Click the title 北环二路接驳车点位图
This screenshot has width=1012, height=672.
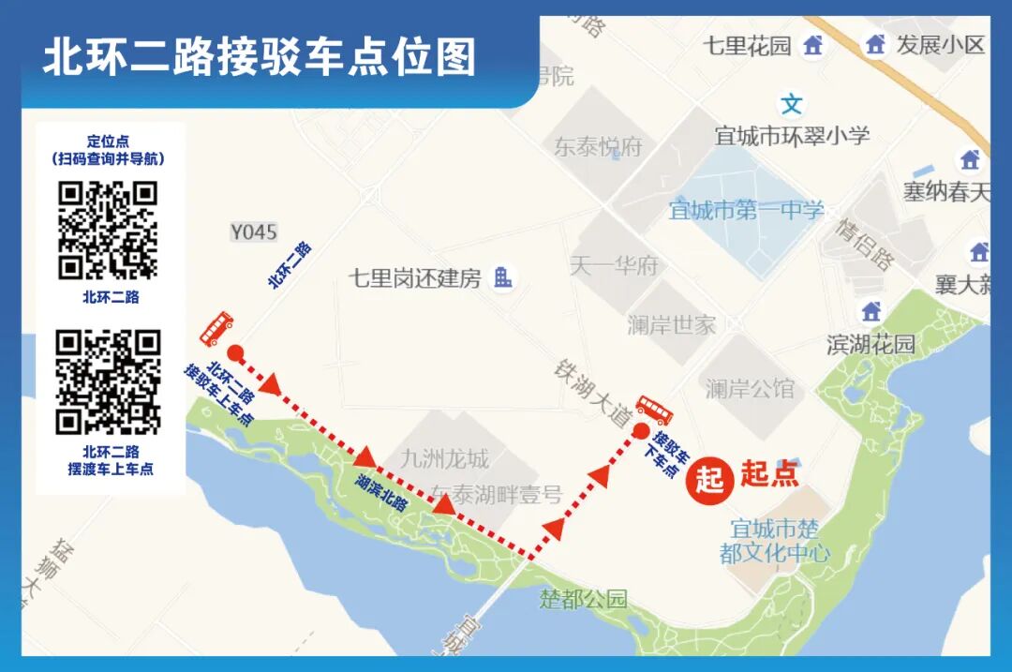(x=260, y=57)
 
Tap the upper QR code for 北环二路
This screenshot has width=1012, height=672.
(x=108, y=231)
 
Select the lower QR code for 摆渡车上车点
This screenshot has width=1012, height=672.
(x=108, y=381)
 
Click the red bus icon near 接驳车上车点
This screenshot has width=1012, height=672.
(x=216, y=328)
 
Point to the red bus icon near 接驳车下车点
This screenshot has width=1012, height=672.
(x=654, y=410)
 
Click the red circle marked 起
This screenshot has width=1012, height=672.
(x=709, y=478)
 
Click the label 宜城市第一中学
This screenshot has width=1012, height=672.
(x=746, y=210)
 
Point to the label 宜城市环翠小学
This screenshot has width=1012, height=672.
(x=792, y=135)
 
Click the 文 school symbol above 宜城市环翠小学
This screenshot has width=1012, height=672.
(x=793, y=103)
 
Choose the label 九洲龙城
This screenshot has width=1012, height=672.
(x=444, y=459)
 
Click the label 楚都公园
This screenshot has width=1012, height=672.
(x=582, y=599)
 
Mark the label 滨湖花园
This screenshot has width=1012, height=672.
(x=870, y=344)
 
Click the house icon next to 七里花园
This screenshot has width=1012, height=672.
(x=813, y=44)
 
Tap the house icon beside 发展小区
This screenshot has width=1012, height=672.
(x=875, y=44)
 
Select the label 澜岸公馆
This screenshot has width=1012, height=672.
(x=750, y=388)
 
